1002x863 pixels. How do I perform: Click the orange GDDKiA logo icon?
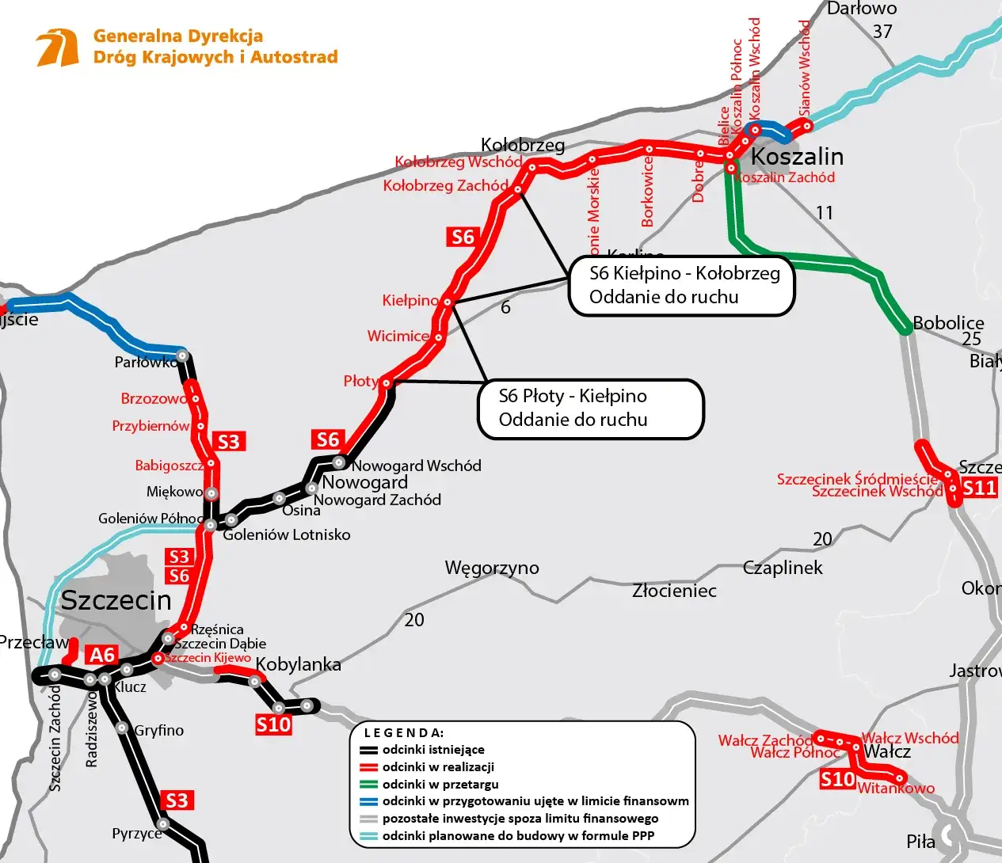58,48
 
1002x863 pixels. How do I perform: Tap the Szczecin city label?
116,600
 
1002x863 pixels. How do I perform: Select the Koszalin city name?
796,156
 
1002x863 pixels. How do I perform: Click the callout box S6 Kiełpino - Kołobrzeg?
681,286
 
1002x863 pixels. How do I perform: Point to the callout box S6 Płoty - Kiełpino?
590,409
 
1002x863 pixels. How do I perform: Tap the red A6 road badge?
103,655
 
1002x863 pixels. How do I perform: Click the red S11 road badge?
979,488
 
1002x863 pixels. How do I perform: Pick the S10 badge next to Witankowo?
837,780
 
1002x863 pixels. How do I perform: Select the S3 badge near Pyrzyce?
177,800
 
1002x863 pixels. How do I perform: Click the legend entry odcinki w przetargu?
440,785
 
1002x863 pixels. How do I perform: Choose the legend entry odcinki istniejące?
433,750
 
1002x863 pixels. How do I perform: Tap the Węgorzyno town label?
491,568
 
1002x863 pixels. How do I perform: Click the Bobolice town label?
947,323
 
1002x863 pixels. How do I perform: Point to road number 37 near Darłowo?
882,32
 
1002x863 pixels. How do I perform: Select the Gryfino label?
158,730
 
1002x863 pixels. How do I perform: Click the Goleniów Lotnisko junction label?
286,534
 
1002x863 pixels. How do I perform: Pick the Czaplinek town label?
783,568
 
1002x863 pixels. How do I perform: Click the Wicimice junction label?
398,336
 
